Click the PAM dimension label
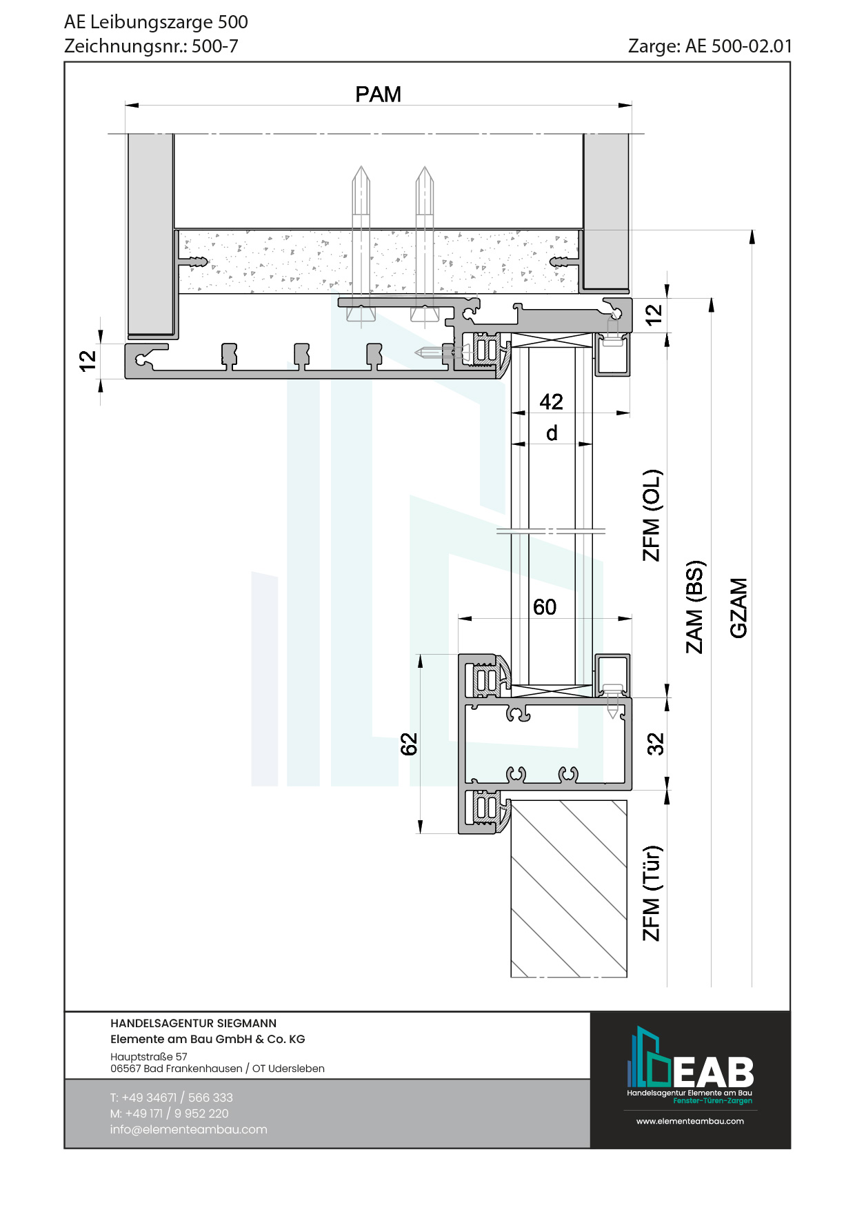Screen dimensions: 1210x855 click(378, 95)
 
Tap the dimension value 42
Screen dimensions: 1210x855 click(551, 401)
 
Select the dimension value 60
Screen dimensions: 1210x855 click(544, 607)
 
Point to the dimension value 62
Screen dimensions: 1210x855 click(409, 744)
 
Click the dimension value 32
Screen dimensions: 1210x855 click(655, 744)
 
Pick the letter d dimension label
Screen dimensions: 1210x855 click(552, 433)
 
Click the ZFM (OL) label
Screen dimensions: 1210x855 click(652, 515)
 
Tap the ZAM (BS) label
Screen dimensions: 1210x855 click(694, 607)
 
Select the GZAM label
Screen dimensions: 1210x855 click(738, 608)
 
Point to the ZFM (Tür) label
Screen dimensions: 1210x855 click(652, 893)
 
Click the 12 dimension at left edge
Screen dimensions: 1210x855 click(88, 360)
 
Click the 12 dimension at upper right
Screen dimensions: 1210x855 click(653, 315)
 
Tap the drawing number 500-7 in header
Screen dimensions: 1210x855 click(214, 46)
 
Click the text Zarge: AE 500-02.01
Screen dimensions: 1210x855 click(710, 46)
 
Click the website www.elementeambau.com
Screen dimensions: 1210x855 click(690, 1121)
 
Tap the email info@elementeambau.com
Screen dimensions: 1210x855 click(188, 1129)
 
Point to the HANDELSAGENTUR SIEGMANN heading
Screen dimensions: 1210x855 click(193, 1024)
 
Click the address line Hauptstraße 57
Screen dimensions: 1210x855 click(148, 1056)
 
